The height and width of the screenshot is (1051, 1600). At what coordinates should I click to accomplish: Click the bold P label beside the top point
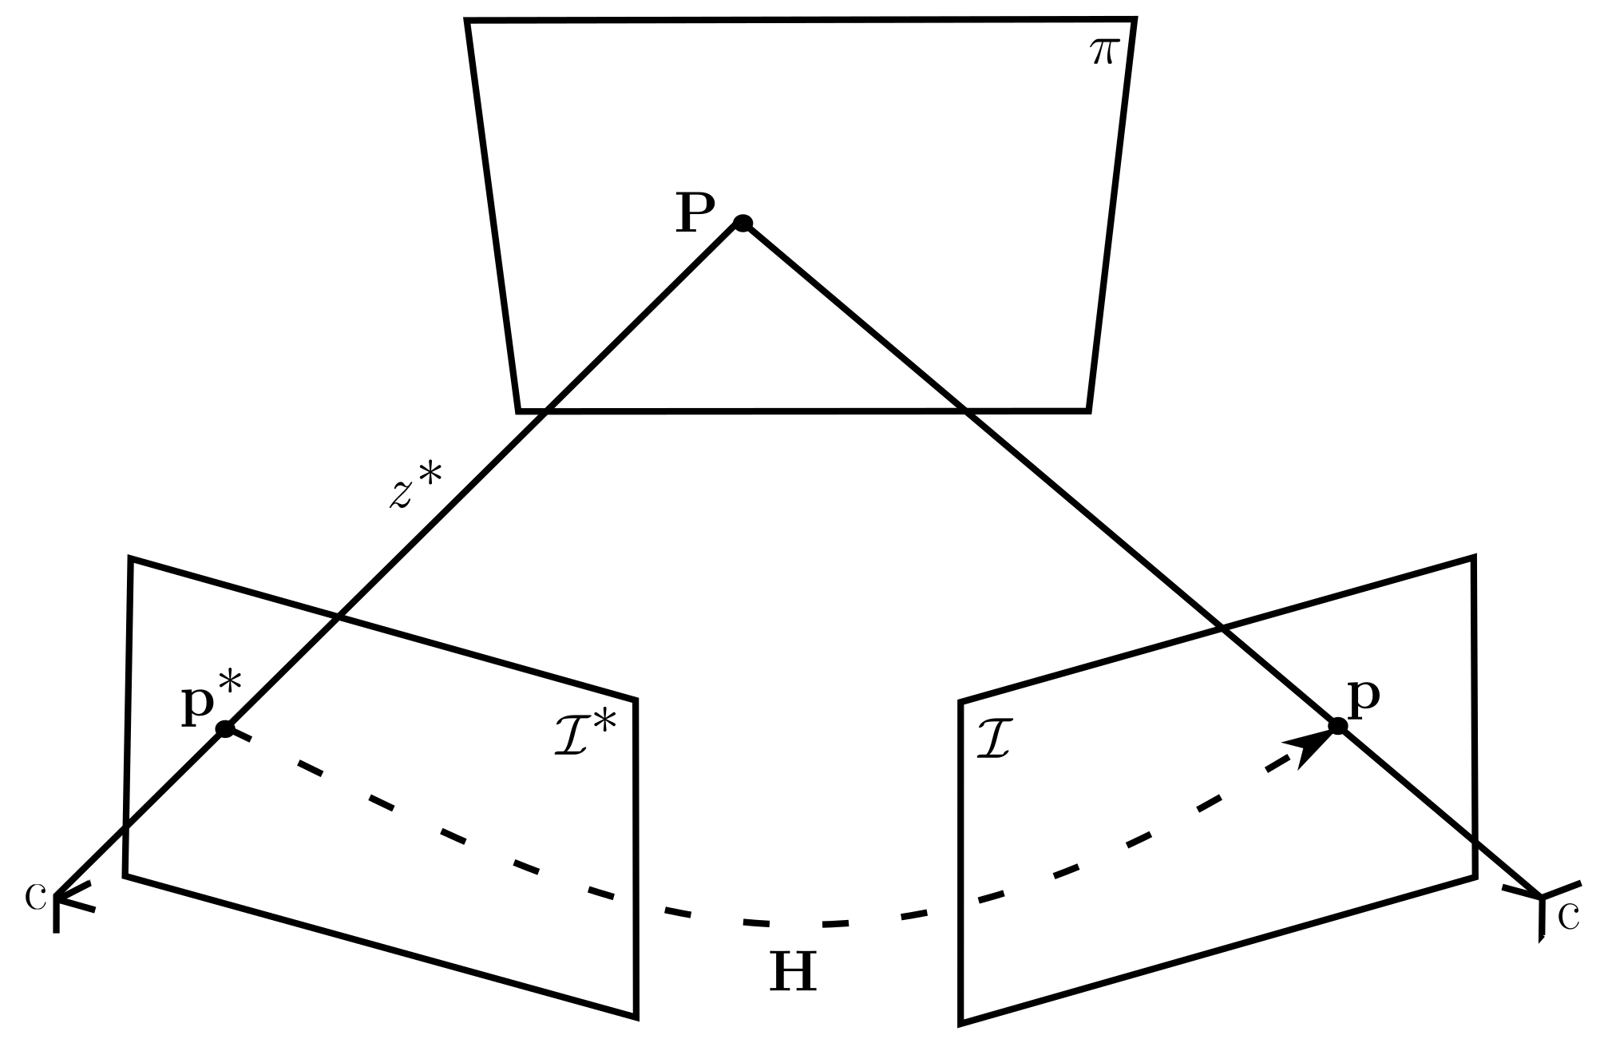tap(695, 214)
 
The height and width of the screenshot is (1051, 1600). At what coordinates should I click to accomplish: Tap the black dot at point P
tap(743, 223)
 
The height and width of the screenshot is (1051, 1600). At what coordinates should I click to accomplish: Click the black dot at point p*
tap(226, 728)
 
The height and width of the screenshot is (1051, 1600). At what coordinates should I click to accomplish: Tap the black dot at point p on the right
tap(1338, 726)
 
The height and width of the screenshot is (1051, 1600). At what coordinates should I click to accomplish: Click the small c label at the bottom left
tap(34, 897)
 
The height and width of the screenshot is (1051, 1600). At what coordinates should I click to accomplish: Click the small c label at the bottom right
tap(1569, 918)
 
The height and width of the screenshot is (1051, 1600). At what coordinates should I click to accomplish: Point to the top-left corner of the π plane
tap(468, 22)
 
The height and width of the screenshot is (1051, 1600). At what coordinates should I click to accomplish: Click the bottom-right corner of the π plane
tap(1088, 410)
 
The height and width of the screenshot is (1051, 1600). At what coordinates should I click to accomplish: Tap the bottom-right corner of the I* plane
tap(636, 1017)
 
